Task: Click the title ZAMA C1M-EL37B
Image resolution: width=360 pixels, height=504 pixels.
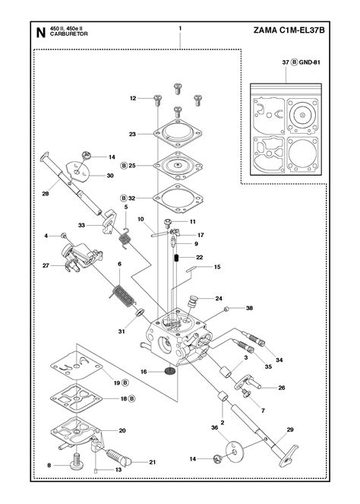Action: click(289, 30)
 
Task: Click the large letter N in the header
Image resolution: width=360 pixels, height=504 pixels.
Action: click(40, 33)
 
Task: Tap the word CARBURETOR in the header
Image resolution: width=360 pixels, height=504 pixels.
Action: click(68, 34)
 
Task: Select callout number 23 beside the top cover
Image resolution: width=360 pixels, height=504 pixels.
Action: click(132, 134)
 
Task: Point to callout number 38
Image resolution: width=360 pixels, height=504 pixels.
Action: click(249, 308)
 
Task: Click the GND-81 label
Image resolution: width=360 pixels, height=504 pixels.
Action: click(309, 62)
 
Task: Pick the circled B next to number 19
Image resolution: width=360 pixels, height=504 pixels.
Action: click(125, 382)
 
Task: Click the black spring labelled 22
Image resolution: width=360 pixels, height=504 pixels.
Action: click(176, 258)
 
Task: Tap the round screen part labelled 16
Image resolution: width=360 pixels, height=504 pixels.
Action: click(170, 371)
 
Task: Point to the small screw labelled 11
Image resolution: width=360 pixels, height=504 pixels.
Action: click(167, 223)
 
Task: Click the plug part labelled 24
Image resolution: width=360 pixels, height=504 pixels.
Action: click(191, 303)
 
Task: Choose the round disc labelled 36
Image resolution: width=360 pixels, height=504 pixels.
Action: click(233, 452)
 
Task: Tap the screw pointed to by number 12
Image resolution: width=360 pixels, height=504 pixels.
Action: click(157, 100)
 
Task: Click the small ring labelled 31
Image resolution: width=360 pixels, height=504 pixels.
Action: click(140, 312)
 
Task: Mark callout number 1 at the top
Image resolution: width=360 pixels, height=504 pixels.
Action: click(180, 28)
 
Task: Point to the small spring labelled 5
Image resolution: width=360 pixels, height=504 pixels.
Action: click(125, 238)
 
